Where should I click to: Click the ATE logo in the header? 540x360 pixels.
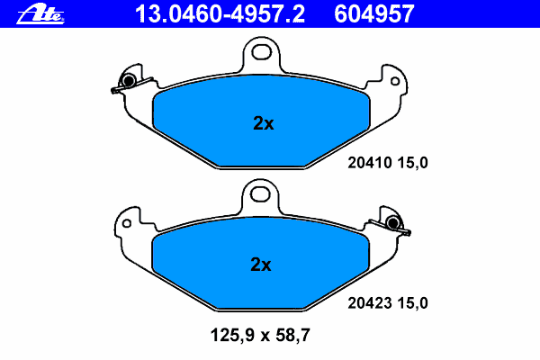pyautogui.click(x=40, y=14)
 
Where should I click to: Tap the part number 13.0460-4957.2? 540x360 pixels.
pyautogui.click(x=220, y=14)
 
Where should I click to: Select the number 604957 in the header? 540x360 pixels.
pyautogui.click(x=374, y=14)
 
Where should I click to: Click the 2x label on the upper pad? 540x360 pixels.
pyautogui.click(x=264, y=123)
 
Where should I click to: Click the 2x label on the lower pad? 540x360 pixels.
pyautogui.click(x=261, y=265)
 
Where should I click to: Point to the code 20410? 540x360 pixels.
pyautogui.click(x=370, y=163)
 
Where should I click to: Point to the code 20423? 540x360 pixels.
pyautogui.click(x=370, y=303)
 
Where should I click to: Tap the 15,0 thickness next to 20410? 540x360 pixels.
pyautogui.click(x=412, y=163)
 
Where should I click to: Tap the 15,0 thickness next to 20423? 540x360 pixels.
pyautogui.click(x=412, y=303)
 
